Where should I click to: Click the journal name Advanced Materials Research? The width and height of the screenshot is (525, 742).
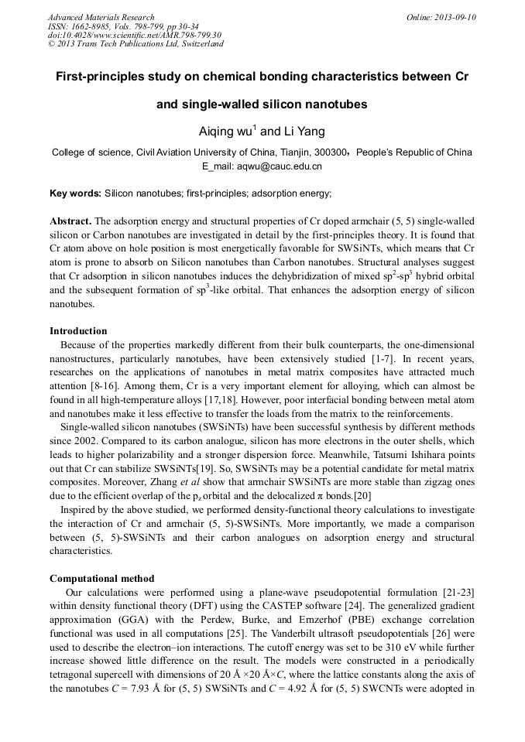[x=101, y=17]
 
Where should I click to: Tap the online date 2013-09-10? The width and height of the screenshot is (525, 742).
[x=453, y=17]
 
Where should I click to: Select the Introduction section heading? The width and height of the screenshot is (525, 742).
[x=78, y=330]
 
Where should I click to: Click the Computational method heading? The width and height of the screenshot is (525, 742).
[x=101, y=578]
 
